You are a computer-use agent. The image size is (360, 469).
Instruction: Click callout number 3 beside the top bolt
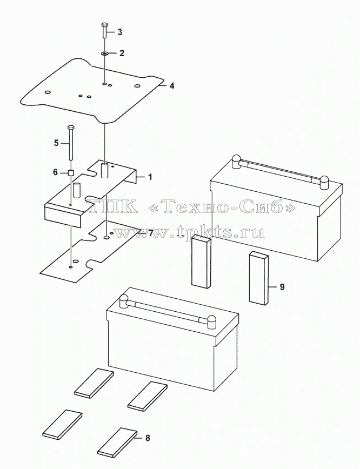pos(119,32)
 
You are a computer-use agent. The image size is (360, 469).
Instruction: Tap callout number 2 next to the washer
pos(121,53)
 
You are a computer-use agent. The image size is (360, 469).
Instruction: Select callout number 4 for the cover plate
pos(171,86)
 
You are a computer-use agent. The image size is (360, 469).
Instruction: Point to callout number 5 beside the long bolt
pos(56,143)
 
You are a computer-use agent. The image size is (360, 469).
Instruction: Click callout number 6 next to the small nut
pos(55,172)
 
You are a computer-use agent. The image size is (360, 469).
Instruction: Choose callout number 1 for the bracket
pos(150,177)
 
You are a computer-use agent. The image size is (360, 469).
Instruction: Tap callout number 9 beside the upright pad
pos(282,287)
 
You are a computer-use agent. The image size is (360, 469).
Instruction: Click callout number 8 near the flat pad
pos(148,439)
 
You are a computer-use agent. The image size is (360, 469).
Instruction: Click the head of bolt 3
pos(104,24)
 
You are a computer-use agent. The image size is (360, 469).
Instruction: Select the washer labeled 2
pos(104,54)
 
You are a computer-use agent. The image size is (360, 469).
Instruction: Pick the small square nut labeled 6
pos(71,172)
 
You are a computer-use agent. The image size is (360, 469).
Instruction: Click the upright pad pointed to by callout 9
pos(259,278)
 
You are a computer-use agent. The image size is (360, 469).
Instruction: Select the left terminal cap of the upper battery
pos(236,162)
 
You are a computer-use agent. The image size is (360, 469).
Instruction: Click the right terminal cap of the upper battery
pos(324,182)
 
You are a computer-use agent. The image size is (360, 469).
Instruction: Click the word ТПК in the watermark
pos(113,206)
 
